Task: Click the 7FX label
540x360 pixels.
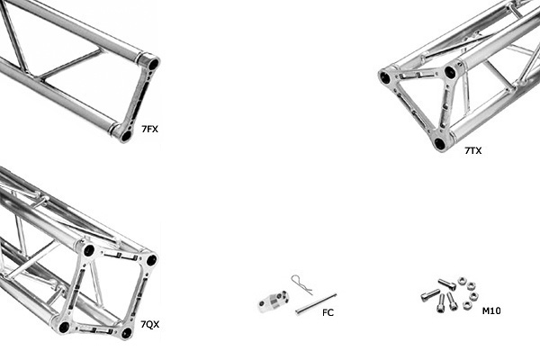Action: tap(149, 130)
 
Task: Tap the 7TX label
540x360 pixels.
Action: tap(472, 151)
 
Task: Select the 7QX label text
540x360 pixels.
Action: tap(149, 324)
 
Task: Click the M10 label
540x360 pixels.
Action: tap(491, 311)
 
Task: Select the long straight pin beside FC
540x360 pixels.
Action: tap(316, 303)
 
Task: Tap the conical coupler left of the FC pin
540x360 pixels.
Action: tap(271, 301)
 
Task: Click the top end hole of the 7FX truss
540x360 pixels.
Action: tap(153, 65)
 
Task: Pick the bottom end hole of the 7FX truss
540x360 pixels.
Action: tap(125, 136)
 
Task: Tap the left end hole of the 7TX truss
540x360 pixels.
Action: tap(385, 78)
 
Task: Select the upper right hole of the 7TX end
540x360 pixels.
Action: tap(450, 72)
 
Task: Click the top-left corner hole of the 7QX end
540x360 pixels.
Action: tap(88, 250)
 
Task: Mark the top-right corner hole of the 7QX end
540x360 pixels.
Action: tap(150, 259)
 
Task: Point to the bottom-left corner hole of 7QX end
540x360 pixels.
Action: tap(64, 326)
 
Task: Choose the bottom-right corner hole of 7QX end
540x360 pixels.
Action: tap(126, 332)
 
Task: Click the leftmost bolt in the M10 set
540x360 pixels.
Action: tap(429, 294)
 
